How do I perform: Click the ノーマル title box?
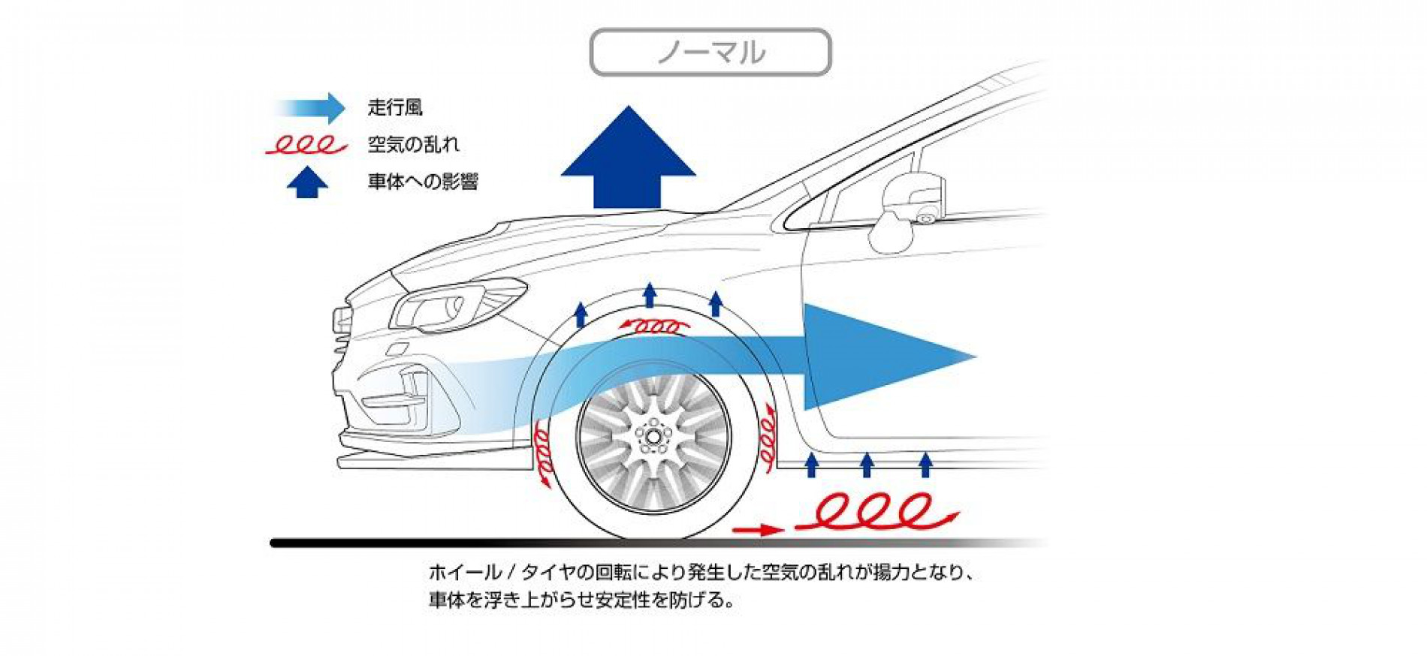[x=710, y=53]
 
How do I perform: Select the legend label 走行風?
[x=395, y=107]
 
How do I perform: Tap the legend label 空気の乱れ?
[x=413, y=144]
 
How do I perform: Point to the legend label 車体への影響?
[x=423, y=182]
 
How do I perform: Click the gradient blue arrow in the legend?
[x=309, y=108]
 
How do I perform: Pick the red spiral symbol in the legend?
[x=306, y=145]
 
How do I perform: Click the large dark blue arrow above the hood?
[x=628, y=157]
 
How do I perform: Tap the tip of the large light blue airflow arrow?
[x=976, y=357]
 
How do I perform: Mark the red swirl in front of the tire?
[x=543, y=455]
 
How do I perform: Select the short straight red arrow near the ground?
[x=759, y=530]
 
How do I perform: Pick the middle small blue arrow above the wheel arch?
[x=650, y=295]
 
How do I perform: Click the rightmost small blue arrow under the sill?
[x=925, y=465]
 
